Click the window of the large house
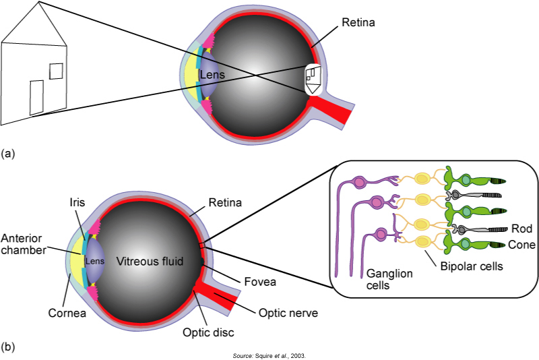pyautogui.click(x=57, y=71)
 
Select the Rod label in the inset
pyautogui.click(x=521, y=229)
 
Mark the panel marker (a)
pyautogui.click(x=8, y=154)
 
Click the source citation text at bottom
pyautogui.click(x=269, y=355)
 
